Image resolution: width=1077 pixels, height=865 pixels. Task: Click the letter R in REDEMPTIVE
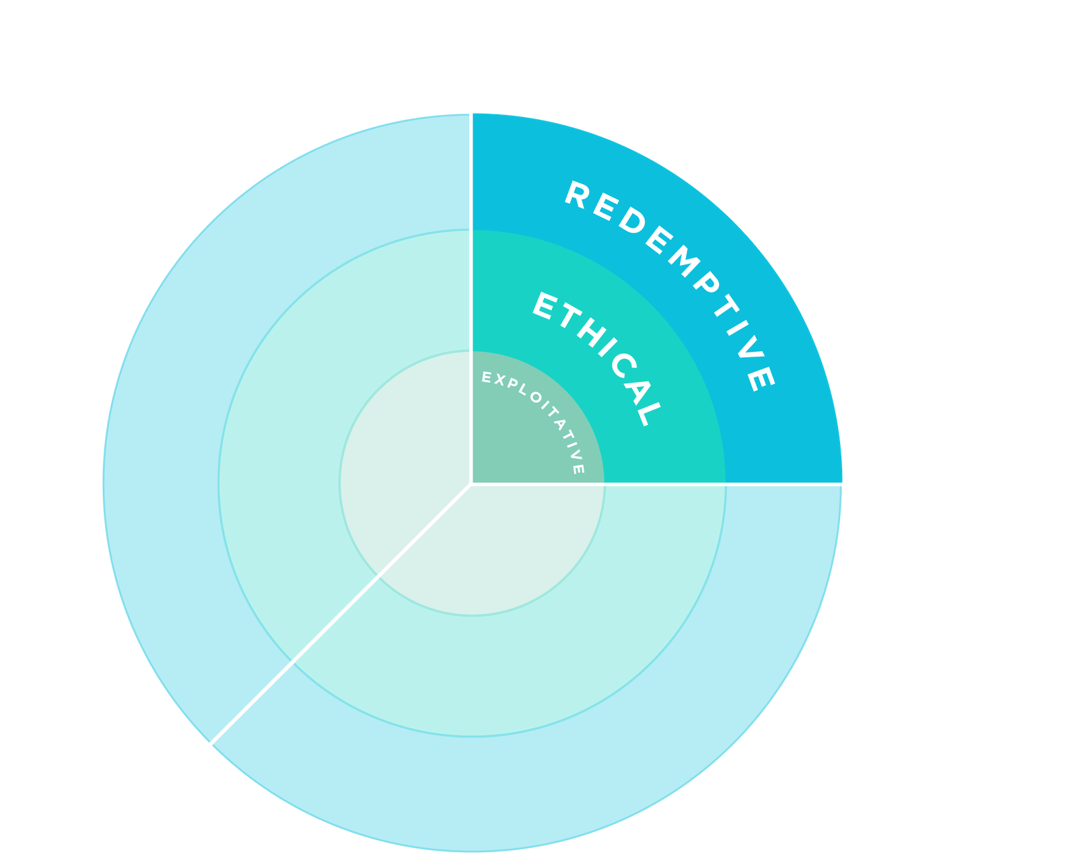pos(578,194)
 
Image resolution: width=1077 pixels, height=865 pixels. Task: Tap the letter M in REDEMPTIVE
pos(684,261)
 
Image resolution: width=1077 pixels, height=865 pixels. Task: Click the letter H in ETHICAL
pos(592,333)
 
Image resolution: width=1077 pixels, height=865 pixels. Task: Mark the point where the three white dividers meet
pos(471,484)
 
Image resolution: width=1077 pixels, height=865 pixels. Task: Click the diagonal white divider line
pos(341,614)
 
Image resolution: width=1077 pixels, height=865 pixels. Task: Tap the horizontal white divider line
pos(656,484)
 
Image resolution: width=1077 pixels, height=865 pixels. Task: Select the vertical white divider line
pos(471,299)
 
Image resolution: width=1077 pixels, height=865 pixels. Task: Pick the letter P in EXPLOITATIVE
pos(512,384)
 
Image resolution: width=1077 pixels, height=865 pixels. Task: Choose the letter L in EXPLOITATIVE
pos(522,389)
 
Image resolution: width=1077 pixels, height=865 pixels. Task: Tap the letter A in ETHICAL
pos(639,392)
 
